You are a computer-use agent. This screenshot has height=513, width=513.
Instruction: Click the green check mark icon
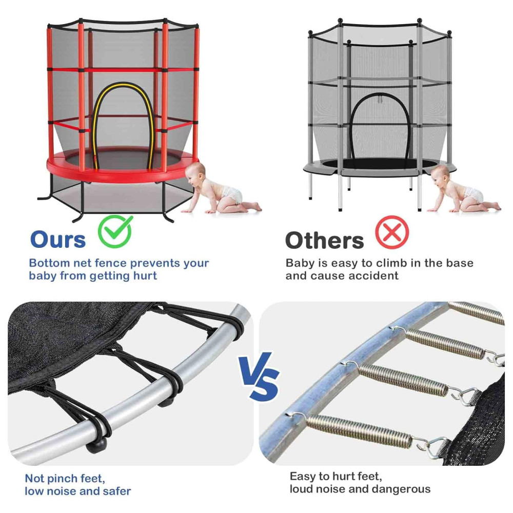tap(115, 231)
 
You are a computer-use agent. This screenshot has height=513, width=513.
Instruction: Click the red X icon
tap(392, 232)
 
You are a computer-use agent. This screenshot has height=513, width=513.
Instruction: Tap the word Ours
tap(58, 240)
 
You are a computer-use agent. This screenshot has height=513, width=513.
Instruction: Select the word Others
tap(324, 241)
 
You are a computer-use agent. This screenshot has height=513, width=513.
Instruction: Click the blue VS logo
tap(261, 376)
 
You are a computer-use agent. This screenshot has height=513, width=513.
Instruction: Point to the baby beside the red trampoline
tap(220, 188)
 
